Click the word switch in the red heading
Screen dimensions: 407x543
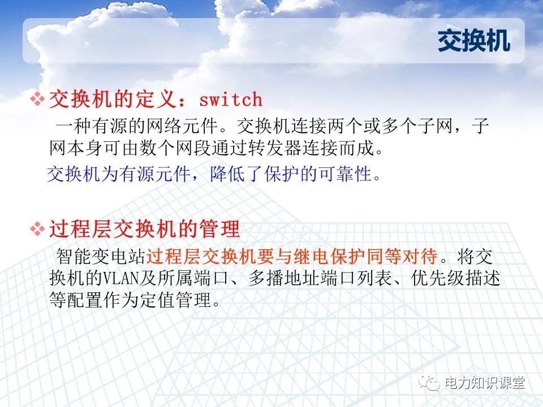click(231, 100)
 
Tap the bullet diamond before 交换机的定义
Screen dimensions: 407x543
click(37, 100)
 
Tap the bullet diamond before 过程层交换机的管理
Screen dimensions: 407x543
click(37, 230)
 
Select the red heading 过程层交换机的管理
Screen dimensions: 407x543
click(145, 230)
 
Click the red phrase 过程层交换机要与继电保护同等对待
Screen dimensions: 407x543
click(292, 258)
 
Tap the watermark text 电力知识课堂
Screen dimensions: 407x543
click(485, 383)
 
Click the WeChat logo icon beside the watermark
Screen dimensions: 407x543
click(433, 383)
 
